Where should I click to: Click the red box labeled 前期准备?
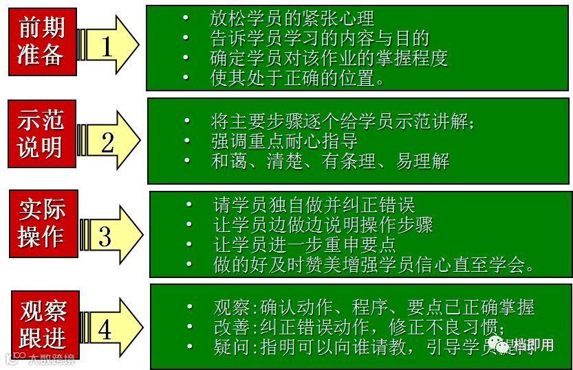[x=41, y=41]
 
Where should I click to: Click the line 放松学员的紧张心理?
[x=292, y=19]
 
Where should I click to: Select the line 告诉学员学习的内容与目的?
[x=319, y=38]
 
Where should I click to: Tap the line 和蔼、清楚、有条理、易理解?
[x=329, y=161]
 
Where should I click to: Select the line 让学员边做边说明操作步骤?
[x=323, y=224]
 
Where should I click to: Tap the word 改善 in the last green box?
[x=229, y=327]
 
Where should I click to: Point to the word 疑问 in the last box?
[x=229, y=347]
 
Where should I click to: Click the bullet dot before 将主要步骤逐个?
[x=187, y=122]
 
